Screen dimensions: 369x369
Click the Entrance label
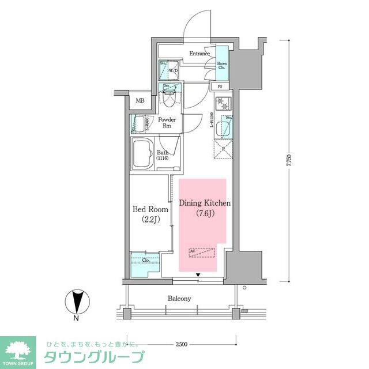pos(199,54)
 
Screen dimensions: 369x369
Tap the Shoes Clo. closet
pos(221,66)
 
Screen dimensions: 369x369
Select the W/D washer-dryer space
pos(172,71)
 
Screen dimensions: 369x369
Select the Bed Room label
pos(150,209)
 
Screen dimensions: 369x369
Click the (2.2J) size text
pos(150,219)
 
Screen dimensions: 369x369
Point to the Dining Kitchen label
pos(205,203)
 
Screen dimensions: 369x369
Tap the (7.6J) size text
pos(205,213)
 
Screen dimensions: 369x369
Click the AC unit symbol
pos(202,253)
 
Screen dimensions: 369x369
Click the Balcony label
pos(179,299)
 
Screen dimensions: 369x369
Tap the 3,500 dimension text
pos(180,344)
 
